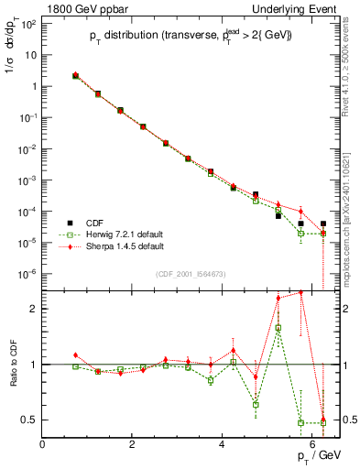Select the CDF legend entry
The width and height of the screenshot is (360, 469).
point(93,223)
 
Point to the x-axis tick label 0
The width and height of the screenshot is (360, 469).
point(43,444)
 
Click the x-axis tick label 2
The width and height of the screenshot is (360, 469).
point(133,444)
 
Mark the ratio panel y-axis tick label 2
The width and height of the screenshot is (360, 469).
point(33,309)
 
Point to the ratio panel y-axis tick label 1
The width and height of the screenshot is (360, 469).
point(33,365)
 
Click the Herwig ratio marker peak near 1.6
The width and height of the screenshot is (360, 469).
point(278,327)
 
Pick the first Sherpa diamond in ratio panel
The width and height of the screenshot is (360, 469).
point(76,355)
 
